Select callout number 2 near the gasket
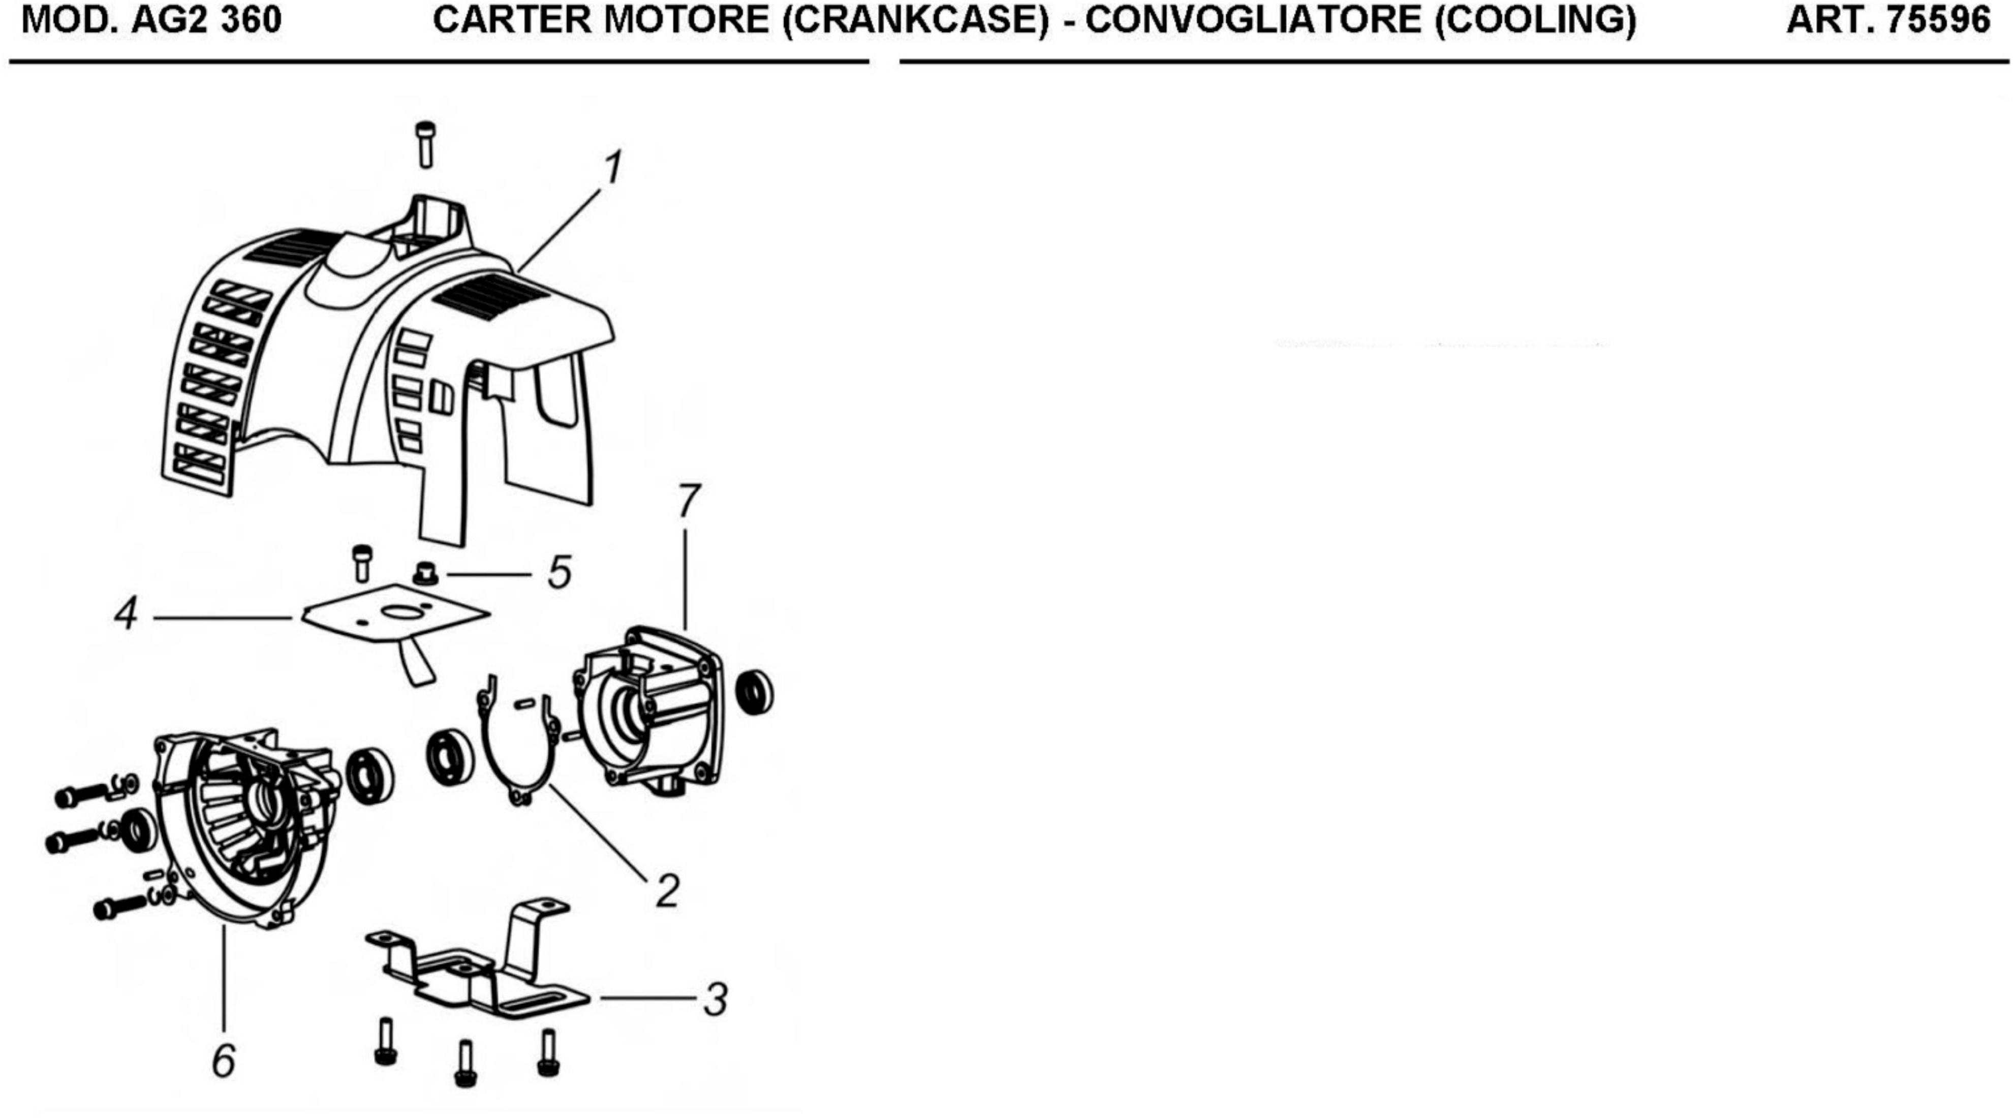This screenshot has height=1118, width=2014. (x=666, y=890)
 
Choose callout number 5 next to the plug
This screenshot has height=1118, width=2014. (x=559, y=573)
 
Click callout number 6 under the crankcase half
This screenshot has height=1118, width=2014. (x=224, y=1061)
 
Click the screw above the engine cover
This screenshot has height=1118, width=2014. (x=425, y=145)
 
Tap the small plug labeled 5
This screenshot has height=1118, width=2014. (x=426, y=575)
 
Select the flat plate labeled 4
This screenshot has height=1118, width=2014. (x=395, y=617)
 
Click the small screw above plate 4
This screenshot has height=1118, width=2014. (x=362, y=564)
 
